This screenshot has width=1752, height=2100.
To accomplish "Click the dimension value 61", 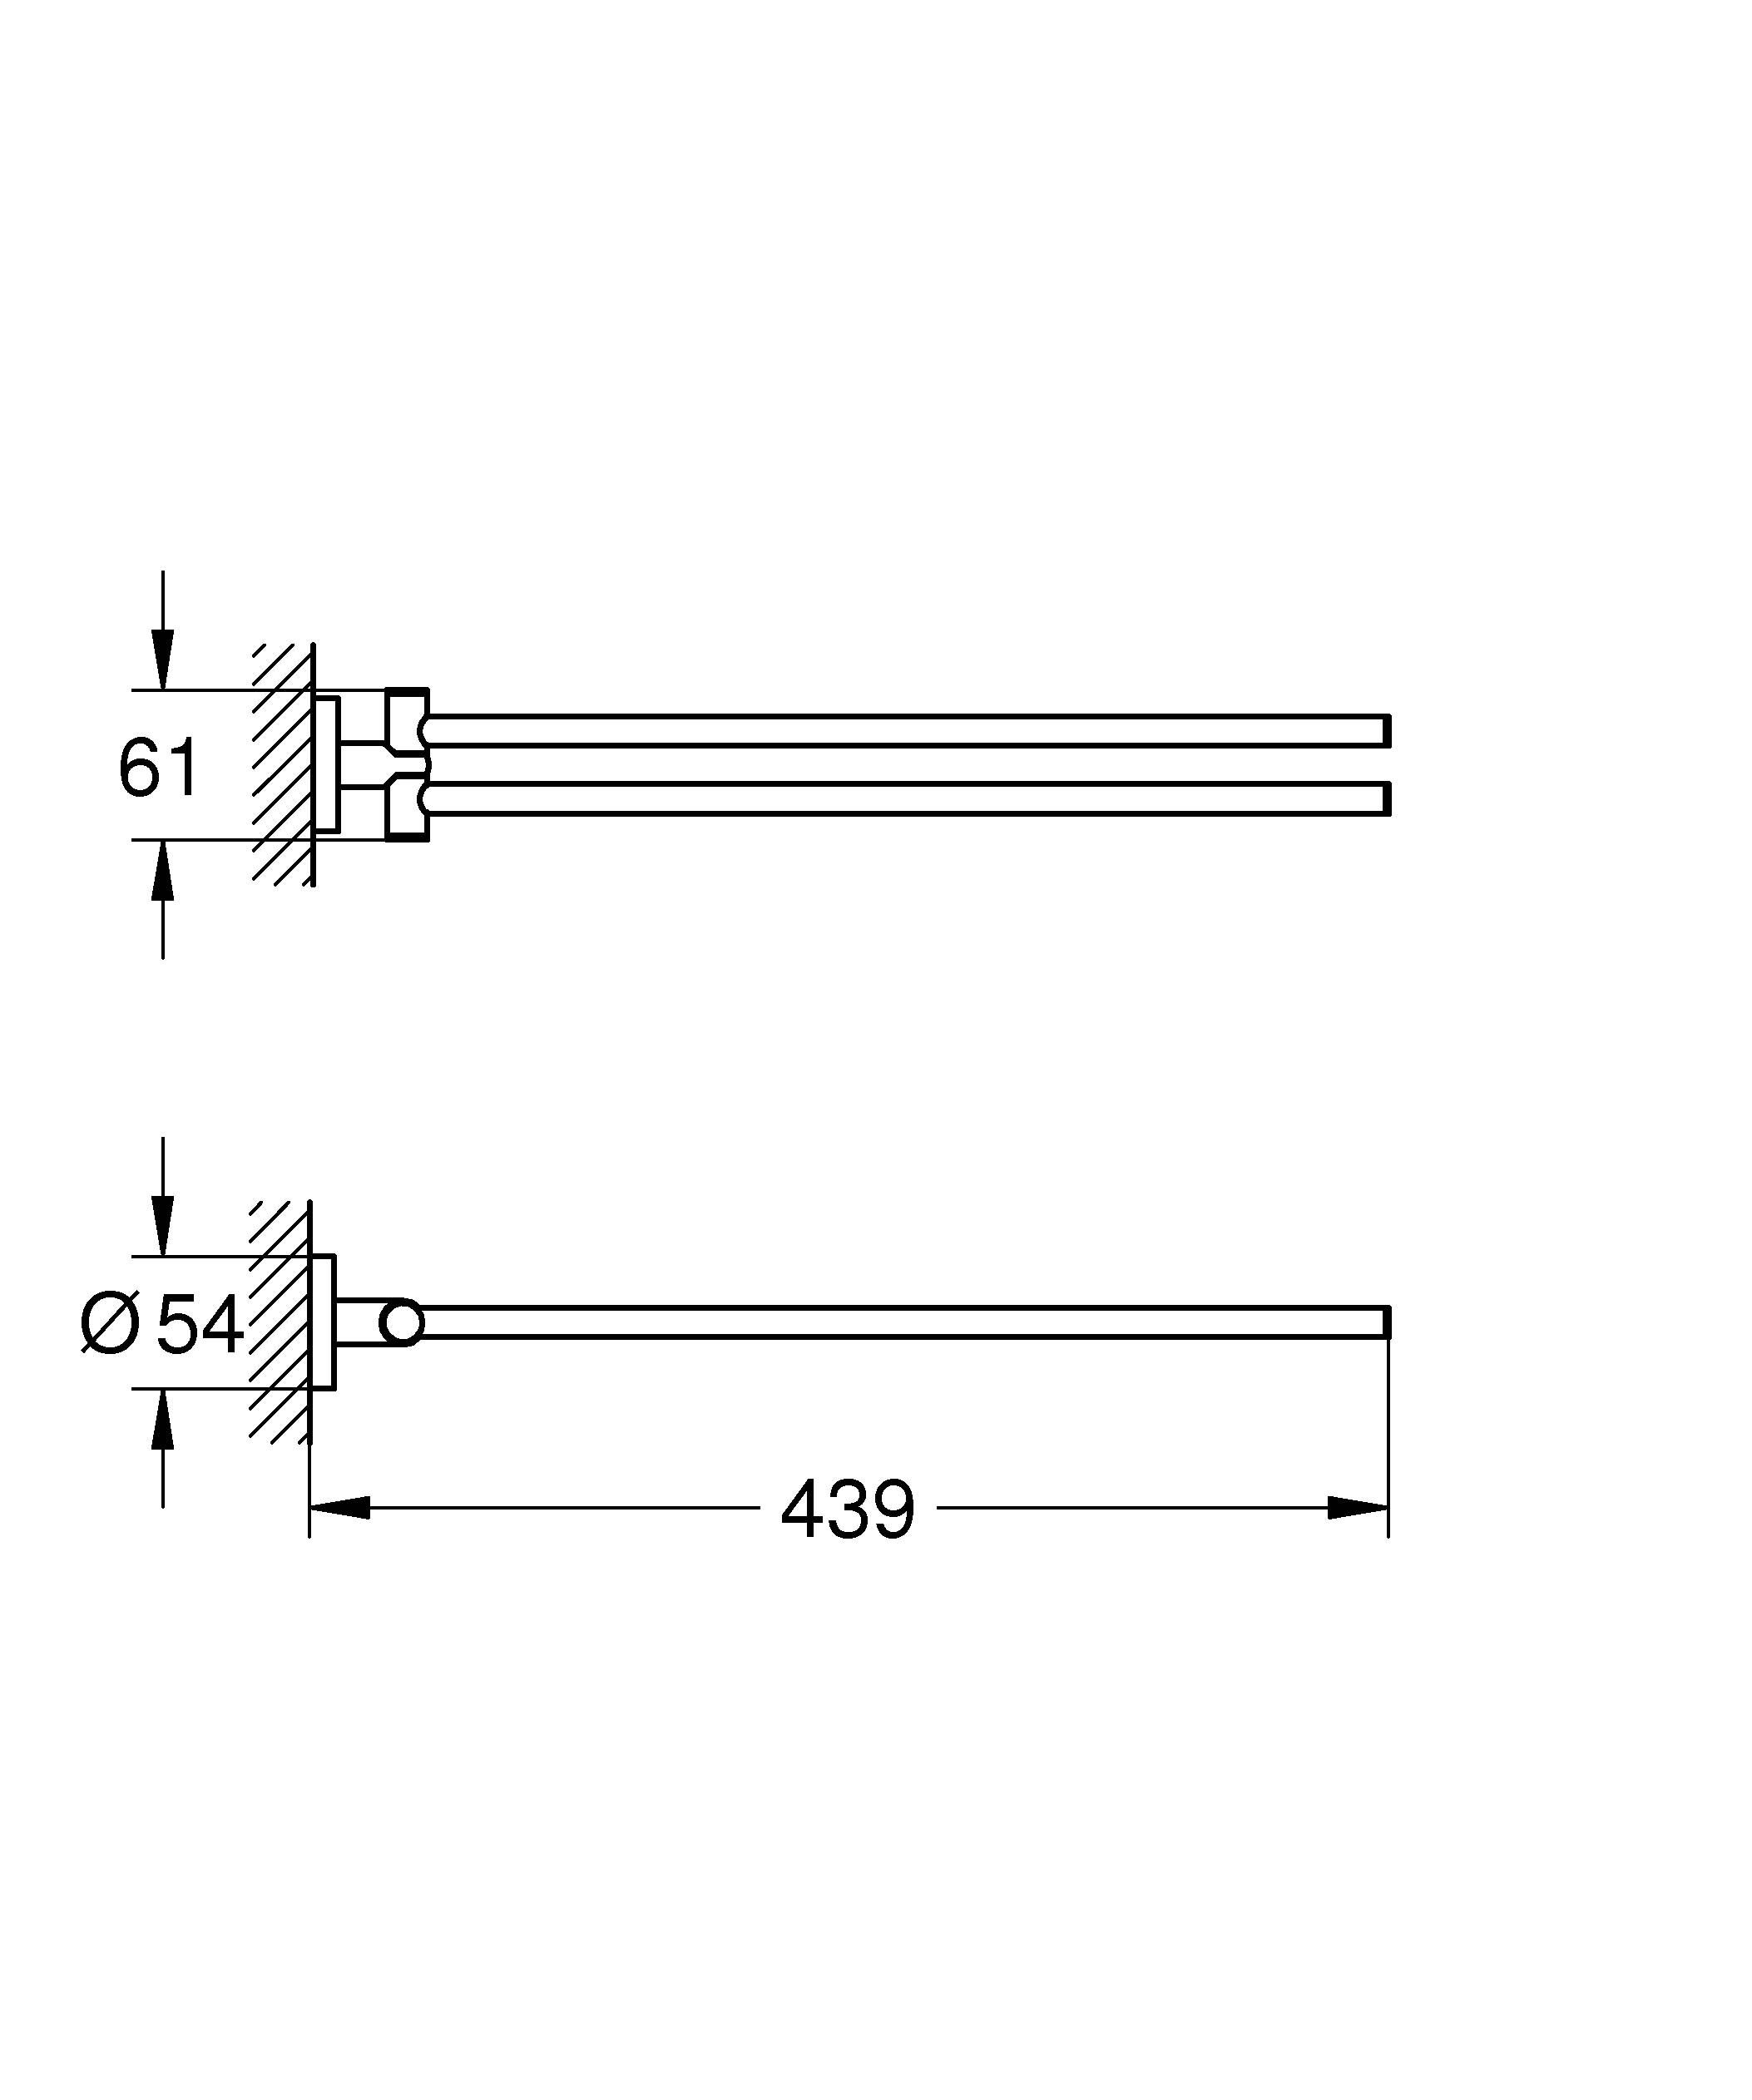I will click(x=159, y=768).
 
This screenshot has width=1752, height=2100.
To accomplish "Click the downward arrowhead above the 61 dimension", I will click(x=163, y=660).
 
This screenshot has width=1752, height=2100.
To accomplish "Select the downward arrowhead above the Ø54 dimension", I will click(x=163, y=1226).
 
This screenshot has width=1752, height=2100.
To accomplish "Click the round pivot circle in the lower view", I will click(x=403, y=1323).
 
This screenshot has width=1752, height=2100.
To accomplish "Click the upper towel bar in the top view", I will click(x=900, y=731).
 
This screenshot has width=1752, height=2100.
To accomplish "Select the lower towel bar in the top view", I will click(x=900, y=799).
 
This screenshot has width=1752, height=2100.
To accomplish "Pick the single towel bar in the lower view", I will click(x=900, y=1322).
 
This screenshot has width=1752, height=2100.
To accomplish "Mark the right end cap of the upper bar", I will click(x=1386, y=731).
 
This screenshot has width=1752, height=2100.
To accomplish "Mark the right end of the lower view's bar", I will click(x=1386, y=1322).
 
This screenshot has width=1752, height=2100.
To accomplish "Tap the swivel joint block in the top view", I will click(x=407, y=765).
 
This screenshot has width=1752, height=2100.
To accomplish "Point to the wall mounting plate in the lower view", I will click(x=323, y=1322).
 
